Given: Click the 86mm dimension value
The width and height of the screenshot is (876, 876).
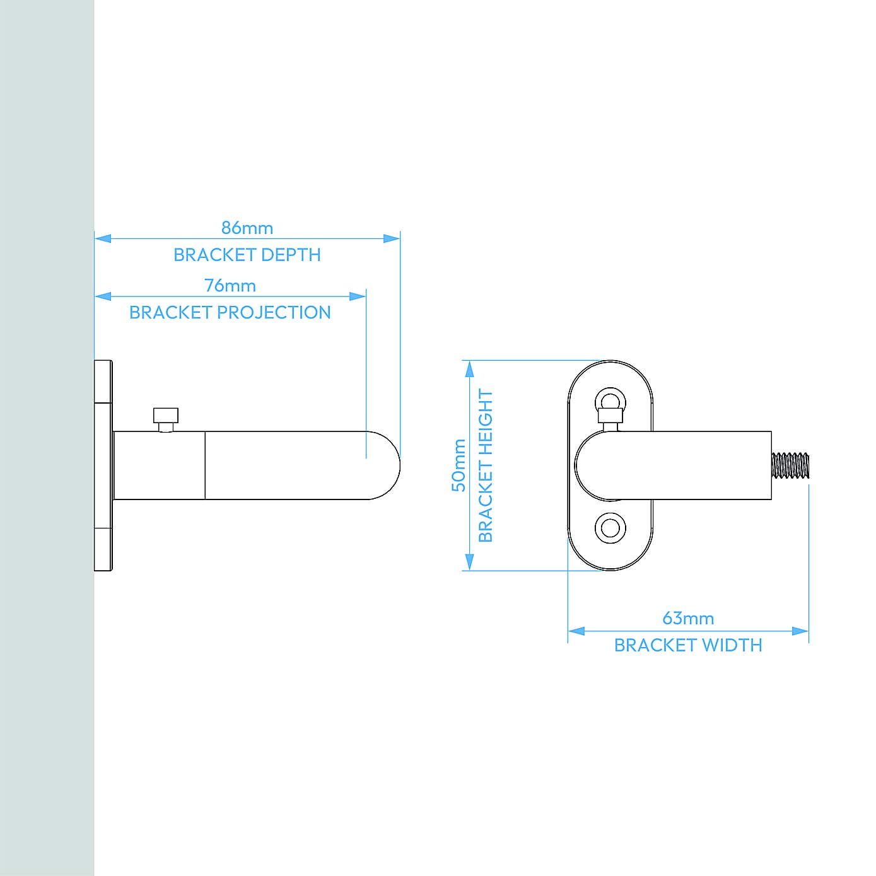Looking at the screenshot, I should pos(247,228).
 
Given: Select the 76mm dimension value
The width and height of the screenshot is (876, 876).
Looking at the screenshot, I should pos(230,286).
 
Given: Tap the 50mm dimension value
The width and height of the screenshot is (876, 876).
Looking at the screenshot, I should pos(458,465).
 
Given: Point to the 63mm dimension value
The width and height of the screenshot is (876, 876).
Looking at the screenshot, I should pos(688,618).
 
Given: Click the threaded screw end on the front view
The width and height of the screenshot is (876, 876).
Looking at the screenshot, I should pos(790,465).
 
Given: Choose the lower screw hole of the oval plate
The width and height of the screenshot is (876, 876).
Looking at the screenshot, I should pos(610,527).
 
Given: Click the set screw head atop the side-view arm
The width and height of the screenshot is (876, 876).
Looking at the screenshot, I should pos(165,416).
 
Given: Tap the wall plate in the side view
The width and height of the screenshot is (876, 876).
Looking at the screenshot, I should pos(103,465).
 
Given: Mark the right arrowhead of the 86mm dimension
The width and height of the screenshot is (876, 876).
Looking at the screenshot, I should pos(392,238).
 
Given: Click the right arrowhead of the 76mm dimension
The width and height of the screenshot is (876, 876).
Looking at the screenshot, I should pos(358,296).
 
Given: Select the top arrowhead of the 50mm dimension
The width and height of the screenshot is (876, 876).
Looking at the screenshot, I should pos(469,369).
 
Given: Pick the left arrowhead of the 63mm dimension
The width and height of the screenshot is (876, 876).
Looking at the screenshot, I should pos(576,631).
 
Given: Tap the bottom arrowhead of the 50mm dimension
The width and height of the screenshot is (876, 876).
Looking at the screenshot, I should pos(469,561).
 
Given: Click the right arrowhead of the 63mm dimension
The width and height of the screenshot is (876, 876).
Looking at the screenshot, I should pos(800,631).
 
